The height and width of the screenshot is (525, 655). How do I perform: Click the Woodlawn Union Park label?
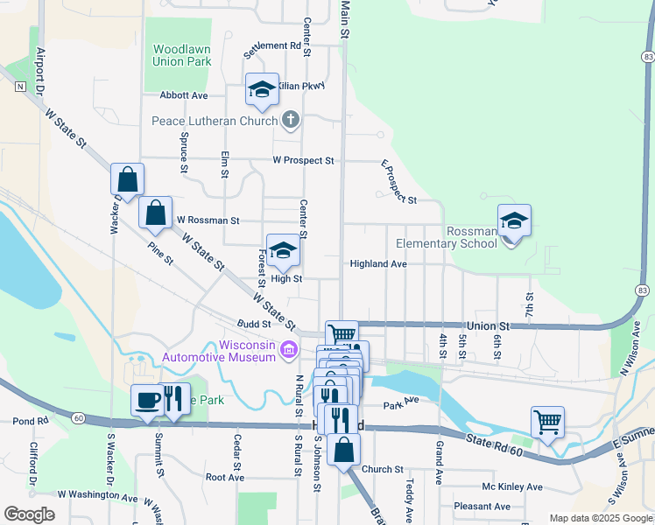tap(182, 55)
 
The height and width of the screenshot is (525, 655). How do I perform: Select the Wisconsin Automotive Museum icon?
tap(288, 350)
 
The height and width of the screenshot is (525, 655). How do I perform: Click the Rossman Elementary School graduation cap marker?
tap(514, 220)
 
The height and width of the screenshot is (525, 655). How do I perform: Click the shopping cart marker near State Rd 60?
tap(547, 422)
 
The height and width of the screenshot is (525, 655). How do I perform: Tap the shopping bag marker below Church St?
tap(345, 449)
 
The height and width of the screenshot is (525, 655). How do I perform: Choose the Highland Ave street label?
tap(378, 263)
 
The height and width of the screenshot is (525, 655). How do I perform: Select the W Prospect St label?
tap(303, 161)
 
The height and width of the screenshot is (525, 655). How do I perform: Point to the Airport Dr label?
tap(40, 66)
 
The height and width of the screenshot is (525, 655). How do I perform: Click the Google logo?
tap(29, 514)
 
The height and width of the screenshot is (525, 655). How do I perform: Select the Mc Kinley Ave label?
tap(512, 486)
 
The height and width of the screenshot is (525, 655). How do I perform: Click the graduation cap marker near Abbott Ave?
tap(261, 88)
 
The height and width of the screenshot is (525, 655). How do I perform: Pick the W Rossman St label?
tap(208, 220)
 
